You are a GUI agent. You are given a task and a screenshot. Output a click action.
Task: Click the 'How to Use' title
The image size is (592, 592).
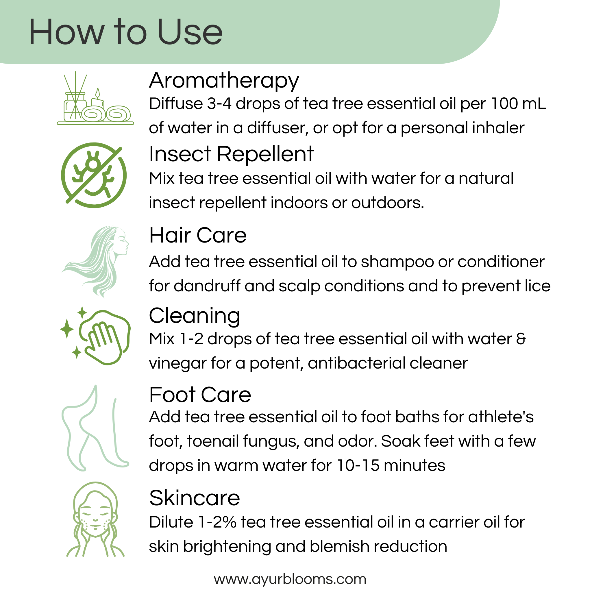point(126,32)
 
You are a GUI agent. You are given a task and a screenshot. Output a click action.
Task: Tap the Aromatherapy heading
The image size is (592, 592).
point(224,81)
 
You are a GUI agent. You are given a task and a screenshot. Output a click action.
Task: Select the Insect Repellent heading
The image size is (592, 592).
point(231,154)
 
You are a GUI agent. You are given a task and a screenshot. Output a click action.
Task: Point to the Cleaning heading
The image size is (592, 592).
point(194,316)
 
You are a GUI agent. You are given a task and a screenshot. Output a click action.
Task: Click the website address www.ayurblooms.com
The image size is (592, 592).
point(290,579)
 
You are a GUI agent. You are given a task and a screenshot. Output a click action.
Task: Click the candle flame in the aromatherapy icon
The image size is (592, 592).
point(97,92)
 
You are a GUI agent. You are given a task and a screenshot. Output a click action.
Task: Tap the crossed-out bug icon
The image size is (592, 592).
point(94,175)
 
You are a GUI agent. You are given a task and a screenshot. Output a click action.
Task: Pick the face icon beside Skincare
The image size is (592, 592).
point(95,518)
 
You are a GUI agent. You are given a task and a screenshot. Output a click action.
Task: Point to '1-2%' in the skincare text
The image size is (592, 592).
point(217,522)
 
